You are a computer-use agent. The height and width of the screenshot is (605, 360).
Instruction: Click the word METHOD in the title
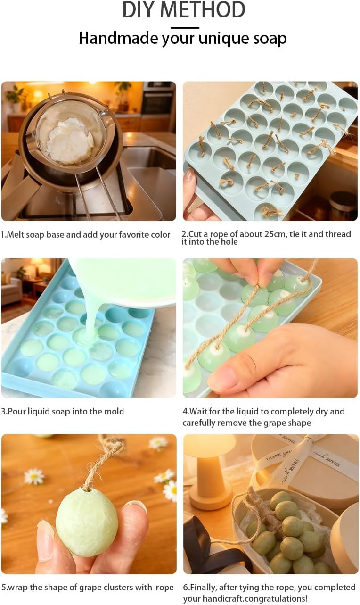(204, 10)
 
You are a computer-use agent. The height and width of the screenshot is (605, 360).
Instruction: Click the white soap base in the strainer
(70, 141)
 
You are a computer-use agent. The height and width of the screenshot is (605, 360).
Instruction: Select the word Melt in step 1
(13, 234)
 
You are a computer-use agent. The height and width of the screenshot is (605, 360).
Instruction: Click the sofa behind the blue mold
(11, 290)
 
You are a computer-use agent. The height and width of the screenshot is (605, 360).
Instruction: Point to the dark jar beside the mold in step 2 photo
(343, 205)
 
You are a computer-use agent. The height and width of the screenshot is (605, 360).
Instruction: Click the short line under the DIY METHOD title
(185, 27)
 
